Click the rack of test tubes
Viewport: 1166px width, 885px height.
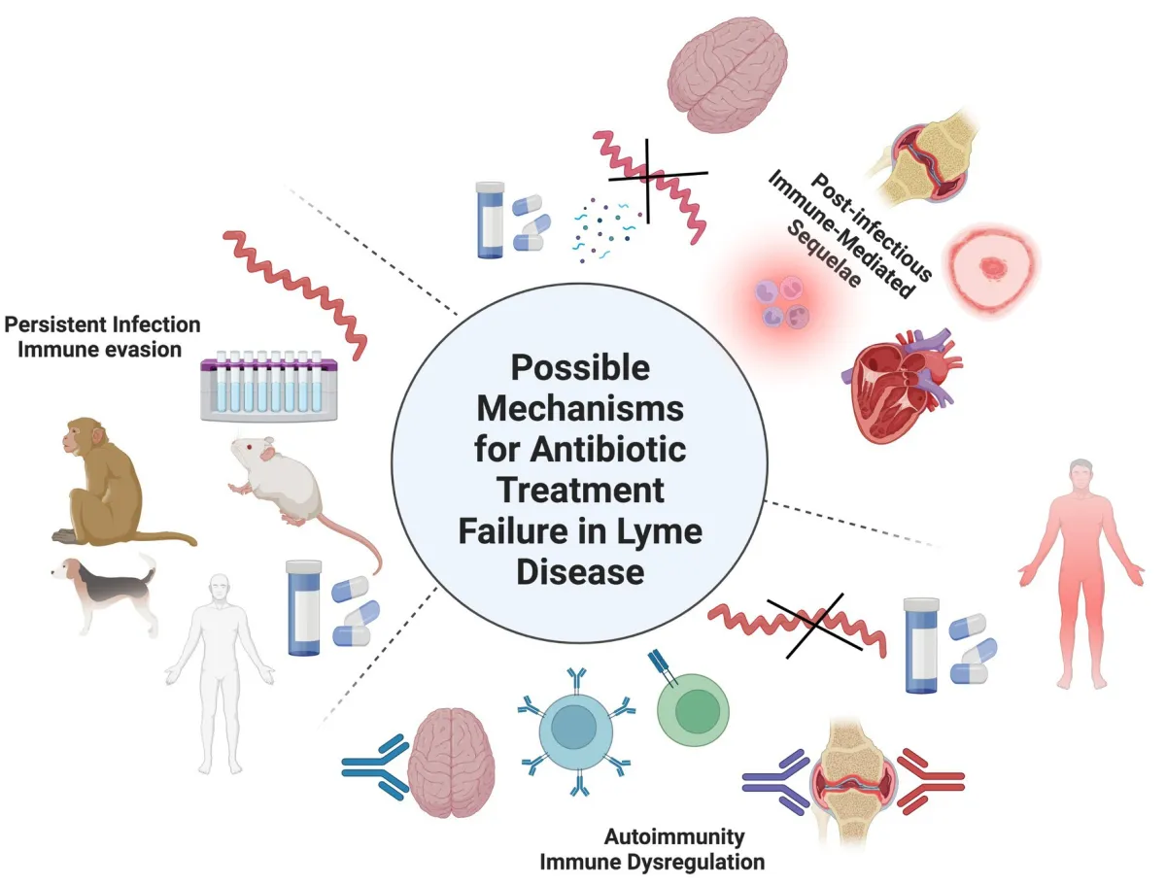click(269, 386)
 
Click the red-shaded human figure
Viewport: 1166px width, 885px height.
click(1081, 573)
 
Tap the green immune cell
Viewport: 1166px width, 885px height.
click(693, 710)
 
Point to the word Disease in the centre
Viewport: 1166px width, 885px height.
click(580, 572)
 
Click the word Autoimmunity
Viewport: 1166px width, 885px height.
click(674, 836)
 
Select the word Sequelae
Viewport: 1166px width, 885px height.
click(823, 255)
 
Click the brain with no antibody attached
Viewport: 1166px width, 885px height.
click(728, 75)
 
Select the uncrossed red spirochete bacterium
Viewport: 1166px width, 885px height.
click(295, 293)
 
